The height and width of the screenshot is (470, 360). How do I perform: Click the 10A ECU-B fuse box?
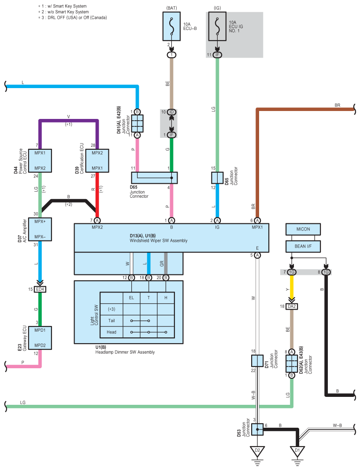(171, 26)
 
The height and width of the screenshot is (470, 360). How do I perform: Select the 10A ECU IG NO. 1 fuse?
(217, 26)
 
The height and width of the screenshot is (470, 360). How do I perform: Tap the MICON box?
(303, 229)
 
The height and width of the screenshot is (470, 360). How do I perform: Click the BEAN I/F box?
(303, 246)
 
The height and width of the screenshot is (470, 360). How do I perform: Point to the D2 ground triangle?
(257, 451)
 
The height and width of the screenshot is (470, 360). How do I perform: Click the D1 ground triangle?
(297, 451)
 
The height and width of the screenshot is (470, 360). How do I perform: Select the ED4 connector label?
(40, 289)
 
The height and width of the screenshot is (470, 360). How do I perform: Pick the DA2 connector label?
(292, 306)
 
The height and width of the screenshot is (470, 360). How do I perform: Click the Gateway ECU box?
(40, 338)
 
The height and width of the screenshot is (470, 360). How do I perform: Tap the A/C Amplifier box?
(40, 229)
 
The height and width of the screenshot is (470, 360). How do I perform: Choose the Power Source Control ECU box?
(40, 161)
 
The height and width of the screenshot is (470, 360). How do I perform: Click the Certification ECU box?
(97, 161)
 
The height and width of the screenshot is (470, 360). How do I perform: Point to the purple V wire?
(69, 121)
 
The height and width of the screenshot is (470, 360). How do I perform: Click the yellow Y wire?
(292, 287)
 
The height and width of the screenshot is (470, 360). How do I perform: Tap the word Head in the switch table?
(111, 332)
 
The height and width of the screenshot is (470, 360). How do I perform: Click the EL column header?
(132, 298)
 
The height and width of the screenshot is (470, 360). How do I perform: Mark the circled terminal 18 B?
(148, 278)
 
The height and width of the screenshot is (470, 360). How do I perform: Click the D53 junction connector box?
(257, 429)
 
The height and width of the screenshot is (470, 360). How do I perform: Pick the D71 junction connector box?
(257, 361)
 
